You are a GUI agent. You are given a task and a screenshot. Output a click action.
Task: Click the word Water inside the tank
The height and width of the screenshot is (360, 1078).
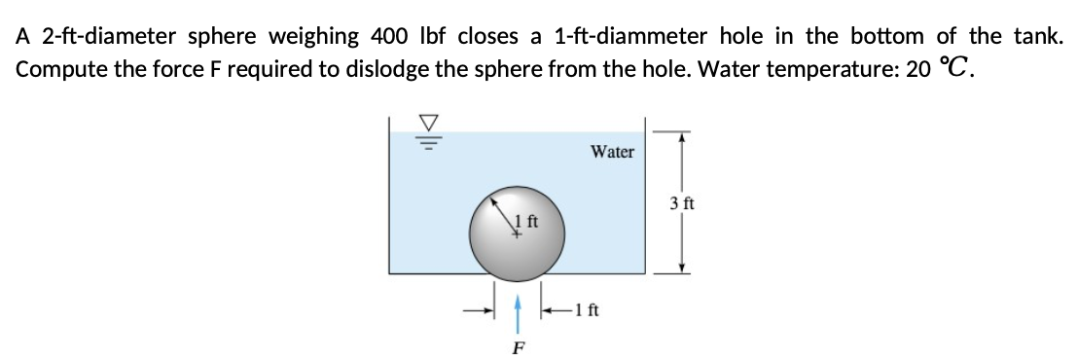[612, 151]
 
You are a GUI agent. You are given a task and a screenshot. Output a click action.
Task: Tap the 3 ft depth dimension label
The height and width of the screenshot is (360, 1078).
[681, 203]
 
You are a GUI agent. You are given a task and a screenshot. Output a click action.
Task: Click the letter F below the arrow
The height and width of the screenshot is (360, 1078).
[519, 346]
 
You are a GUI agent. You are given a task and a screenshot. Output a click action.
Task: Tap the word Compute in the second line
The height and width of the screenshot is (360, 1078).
[57, 71]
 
